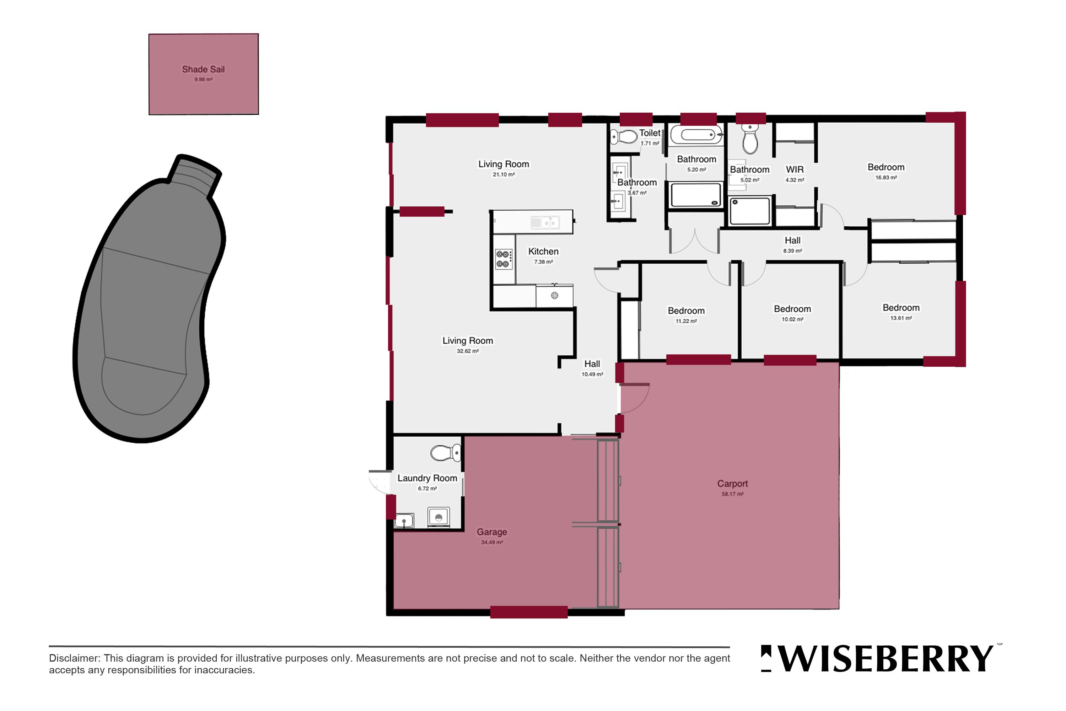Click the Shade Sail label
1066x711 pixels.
(203, 69)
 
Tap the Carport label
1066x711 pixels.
(732, 484)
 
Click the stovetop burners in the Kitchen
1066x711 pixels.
(503, 259)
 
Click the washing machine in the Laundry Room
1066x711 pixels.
(438, 517)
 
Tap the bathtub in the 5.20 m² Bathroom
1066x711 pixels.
(696, 135)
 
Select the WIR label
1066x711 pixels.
(795, 169)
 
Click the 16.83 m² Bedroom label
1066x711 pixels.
(886, 167)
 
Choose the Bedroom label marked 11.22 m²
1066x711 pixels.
(686, 311)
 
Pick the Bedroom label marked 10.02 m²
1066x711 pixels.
(792, 309)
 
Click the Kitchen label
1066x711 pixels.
(543, 251)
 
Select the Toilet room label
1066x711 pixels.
(650, 133)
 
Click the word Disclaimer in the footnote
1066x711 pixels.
(74, 658)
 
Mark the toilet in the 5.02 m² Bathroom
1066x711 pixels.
(750, 139)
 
